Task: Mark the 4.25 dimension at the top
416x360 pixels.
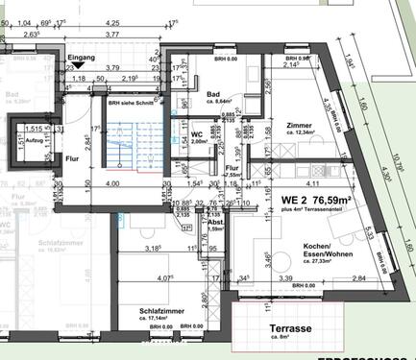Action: (112, 22)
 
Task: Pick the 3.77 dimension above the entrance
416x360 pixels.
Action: (112, 34)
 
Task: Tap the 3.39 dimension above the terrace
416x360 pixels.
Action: (287, 278)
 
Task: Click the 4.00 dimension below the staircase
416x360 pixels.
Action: (112, 183)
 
